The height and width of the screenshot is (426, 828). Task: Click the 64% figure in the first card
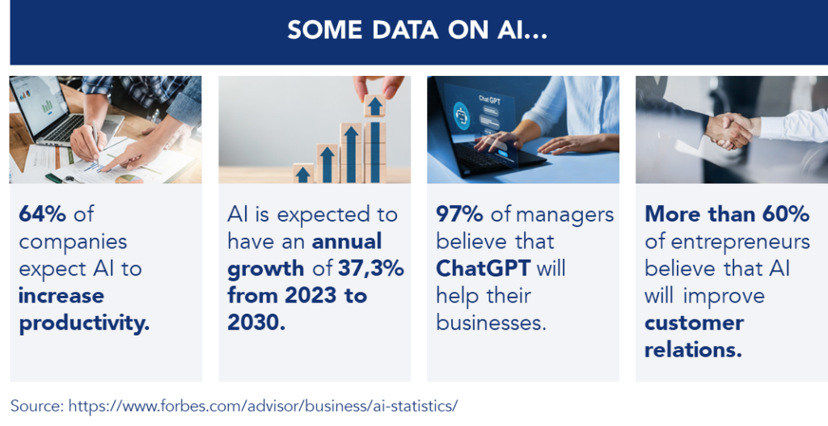click(42, 213)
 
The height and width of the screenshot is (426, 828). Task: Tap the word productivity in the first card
click(84, 323)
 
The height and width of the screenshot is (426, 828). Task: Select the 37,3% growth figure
click(371, 268)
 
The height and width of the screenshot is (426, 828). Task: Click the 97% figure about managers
click(459, 213)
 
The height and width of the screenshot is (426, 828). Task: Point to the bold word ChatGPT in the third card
click(483, 268)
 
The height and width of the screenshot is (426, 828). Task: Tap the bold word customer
click(694, 323)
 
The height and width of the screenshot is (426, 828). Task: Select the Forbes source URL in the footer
click(263, 406)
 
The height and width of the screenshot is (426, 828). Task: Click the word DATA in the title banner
click(405, 30)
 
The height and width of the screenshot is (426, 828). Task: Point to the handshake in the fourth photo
click(731, 130)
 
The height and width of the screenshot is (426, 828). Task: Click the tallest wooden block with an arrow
click(374, 139)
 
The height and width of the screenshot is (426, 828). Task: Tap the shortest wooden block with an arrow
click(303, 174)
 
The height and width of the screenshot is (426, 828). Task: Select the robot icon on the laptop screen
click(461, 116)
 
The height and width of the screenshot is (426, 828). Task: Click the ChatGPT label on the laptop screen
click(489, 99)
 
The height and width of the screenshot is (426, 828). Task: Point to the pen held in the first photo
click(95, 139)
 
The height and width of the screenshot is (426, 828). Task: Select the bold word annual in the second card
click(347, 241)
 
